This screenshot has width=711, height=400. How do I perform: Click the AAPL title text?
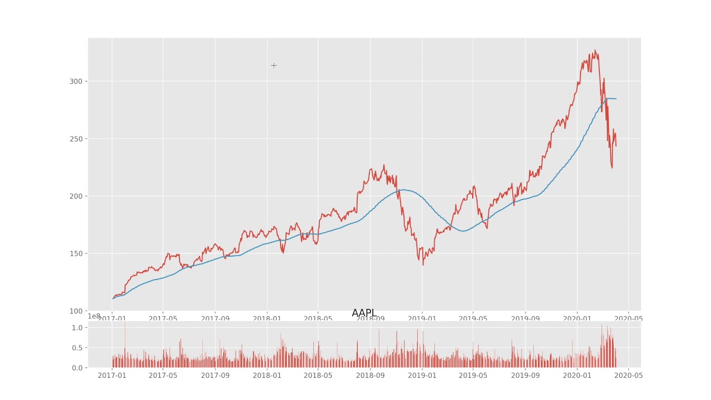pos(364,313)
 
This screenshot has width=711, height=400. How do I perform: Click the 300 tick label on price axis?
pos(75,81)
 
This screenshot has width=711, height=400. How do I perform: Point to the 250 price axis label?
pos(75,139)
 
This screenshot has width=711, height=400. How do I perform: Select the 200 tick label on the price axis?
pos(75,196)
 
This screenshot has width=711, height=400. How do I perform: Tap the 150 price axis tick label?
pos(75,254)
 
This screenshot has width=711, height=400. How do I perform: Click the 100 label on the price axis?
pos(75,311)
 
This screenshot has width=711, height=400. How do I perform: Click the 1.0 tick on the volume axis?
pos(77,328)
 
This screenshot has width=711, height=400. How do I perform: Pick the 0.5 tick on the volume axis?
pos(77,348)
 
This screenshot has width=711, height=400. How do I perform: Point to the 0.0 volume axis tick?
pos(77,368)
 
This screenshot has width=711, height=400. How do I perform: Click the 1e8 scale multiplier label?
pos(94,317)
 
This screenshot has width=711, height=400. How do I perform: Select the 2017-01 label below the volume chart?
pos(112,376)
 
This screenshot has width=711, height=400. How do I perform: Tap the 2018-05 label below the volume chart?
pos(318,376)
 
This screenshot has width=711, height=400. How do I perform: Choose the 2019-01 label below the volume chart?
pos(422,376)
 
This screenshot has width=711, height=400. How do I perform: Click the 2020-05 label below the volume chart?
pos(628,376)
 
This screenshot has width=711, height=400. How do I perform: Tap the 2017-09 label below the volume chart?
pos(215,376)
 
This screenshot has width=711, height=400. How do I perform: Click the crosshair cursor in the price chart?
pos(274,66)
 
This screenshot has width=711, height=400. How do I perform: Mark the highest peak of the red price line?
pos(595,50)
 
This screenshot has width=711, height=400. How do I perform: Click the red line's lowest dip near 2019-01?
pos(423,264)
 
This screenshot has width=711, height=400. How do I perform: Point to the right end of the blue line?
pos(615,99)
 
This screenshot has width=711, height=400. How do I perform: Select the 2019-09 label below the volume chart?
pos(525,376)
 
